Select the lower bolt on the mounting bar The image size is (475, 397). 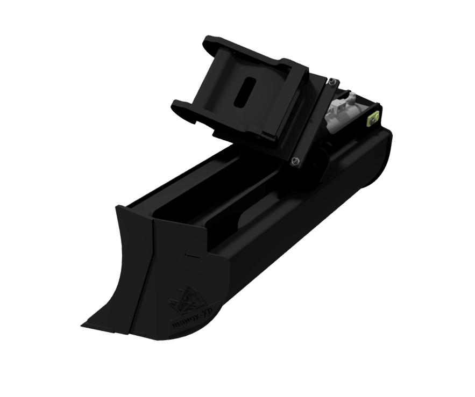pyautogui.click(x=295, y=161)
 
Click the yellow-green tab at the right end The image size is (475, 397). pyautogui.click(x=371, y=120)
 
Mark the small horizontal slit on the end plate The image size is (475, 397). pyautogui.click(x=189, y=252)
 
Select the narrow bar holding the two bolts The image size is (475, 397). pyautogui.click(x=315, y=122)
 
